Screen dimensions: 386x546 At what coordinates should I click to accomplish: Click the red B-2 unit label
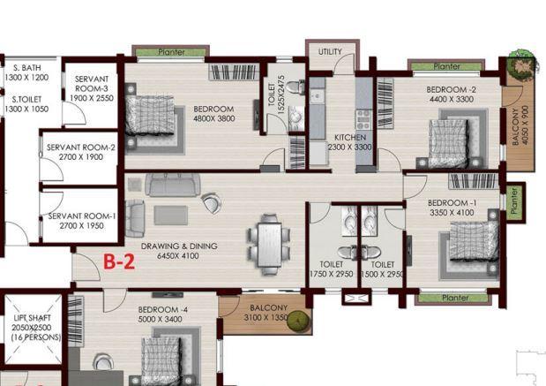[x=121, y=261]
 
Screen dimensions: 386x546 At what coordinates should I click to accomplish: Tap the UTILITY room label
[x=330, y=52]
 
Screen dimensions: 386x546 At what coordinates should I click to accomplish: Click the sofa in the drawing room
[x=174, y=185]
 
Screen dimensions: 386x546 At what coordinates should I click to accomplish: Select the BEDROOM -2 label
[x=451, y=90]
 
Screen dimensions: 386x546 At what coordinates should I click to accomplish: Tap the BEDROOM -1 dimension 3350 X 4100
[x=451, y=212]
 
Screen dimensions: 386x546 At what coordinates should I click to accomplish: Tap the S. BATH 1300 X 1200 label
[x=29, y=72]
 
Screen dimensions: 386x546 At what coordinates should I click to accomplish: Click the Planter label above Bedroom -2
[x=446, y=66]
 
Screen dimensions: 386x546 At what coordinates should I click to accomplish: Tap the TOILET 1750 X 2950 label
[x=332, y=269]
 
